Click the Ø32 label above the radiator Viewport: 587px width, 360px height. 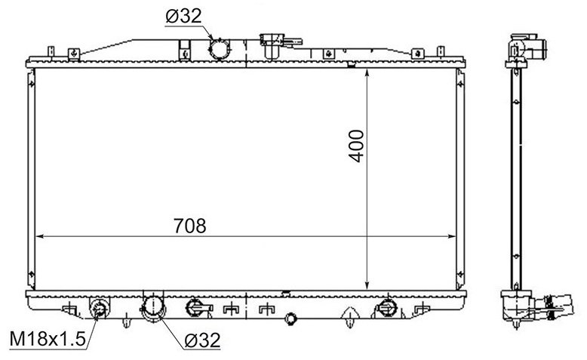[x=183, y=16]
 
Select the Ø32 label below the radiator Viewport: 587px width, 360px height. [x=202, y=340]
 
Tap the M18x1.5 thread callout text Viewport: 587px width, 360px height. [x=48, y=339]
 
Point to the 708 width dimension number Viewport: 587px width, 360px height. [x=190, y=226]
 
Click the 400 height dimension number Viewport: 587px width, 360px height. [x=356, y=146]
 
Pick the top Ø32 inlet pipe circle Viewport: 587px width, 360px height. [x=220, y=49]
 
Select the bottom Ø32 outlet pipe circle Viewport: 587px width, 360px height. [x=153, y=307]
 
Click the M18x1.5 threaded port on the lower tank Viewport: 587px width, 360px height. [x=100, y=309]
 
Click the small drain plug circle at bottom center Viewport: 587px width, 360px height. [x=290, y=318]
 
